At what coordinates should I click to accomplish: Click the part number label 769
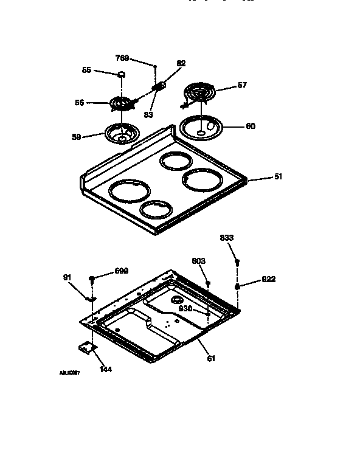(x=122, y=58)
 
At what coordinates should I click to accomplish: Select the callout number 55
(x=87, y=71)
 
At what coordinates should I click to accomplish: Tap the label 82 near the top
(x=181, y=63)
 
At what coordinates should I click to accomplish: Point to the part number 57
(x=241, y=85)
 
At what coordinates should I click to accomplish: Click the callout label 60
(x=250, y=126)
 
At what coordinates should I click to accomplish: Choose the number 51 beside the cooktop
(x=278, y=177)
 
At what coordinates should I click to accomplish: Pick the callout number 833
(x=226, y=238)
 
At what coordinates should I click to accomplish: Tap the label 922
(x=269, y=279)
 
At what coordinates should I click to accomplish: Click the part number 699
(x=121, y=271)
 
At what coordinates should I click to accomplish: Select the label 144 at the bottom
(x=105, y=369)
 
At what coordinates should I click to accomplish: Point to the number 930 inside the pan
(x=185, y=308)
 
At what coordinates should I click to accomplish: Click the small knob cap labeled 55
(x=122, y=74)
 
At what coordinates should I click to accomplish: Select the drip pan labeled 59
(x=123, y=133)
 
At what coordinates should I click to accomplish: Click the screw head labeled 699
(x=92, y=278)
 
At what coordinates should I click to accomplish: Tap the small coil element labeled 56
(x=123, y=105)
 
